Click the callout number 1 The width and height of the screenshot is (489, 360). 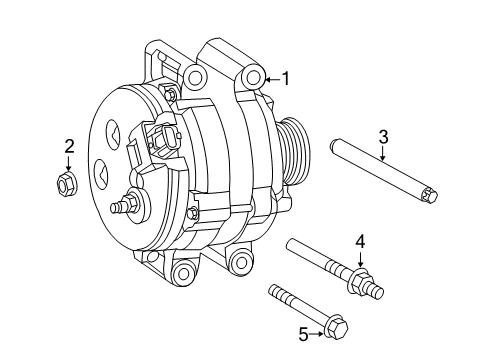(286, 77)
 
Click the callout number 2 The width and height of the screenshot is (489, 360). (69, 147)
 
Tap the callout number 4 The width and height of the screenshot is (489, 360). (361, 239)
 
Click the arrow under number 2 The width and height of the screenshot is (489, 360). (69, 163)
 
